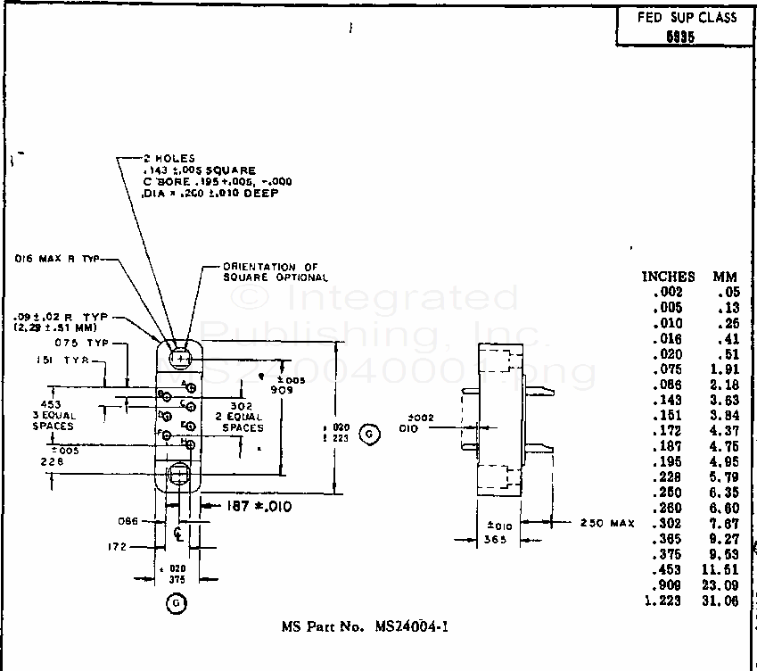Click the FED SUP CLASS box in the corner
click(686, 27)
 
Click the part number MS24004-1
click(365, 626)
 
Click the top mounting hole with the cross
click(181, 358)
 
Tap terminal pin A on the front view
click(191, 388)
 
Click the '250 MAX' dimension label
click(606, 523)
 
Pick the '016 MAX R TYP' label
click(57, 259)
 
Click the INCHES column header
click(668, 277)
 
